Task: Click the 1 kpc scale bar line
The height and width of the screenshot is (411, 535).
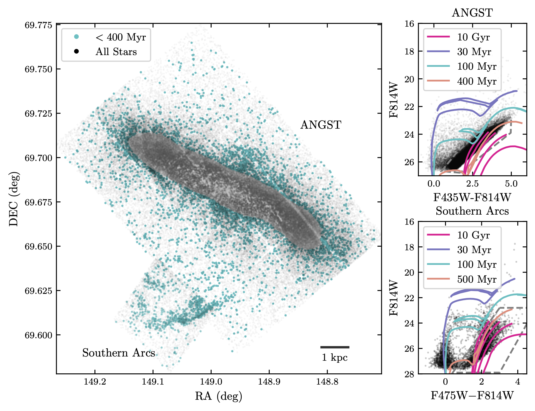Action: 335,347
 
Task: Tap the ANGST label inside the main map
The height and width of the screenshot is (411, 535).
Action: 321,125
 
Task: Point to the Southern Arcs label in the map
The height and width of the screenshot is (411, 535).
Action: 118,353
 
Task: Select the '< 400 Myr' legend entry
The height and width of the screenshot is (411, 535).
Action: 121,37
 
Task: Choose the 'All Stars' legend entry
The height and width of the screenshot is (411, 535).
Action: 116,52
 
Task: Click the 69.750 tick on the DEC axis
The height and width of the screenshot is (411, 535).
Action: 38,69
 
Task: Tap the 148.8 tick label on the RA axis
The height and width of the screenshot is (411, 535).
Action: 327,382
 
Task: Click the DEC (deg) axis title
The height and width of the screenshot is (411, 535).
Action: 14,199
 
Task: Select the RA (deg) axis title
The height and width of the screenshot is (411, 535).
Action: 219,396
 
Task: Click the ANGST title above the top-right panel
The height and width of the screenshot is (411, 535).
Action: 472,13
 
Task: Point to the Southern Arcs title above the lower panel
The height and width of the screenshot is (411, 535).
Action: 472,211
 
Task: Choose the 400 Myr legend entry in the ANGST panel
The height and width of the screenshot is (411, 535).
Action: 477,81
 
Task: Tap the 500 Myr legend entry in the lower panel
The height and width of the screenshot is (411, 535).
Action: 477,279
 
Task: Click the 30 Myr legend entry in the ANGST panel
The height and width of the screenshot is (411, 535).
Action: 474,52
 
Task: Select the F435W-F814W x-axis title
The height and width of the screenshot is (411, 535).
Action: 472,197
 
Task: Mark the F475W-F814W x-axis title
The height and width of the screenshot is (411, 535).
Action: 472,396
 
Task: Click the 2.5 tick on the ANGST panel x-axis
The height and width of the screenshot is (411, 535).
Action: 472,184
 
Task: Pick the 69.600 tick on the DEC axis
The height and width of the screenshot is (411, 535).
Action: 38,335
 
